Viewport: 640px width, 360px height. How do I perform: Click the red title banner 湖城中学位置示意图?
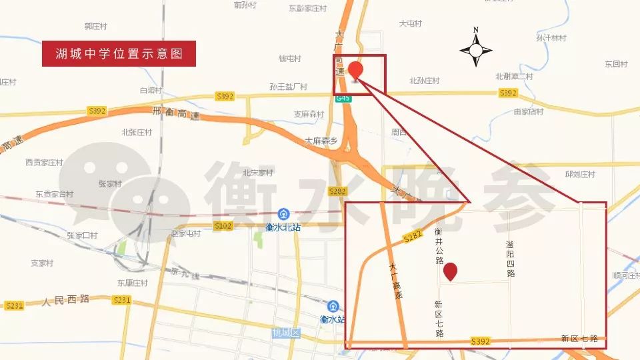(x=119, y=53)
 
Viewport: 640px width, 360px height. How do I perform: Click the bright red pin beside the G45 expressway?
(x=356, y=71)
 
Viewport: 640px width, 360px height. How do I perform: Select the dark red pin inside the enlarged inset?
(x=451, y=271)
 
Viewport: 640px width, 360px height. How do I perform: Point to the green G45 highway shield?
(x=343, y=98)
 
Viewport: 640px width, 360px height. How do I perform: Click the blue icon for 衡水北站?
(x=283, y=214)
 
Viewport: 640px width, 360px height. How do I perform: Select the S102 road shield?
(x=223, y=226)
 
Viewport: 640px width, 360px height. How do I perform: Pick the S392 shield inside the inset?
(x=480, y=340)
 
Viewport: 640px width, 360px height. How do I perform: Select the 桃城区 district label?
(x=287, y=332)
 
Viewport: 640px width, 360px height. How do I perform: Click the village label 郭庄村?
(x=96, y=26)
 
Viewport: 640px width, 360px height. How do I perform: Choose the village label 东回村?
(x=616, y=64)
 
